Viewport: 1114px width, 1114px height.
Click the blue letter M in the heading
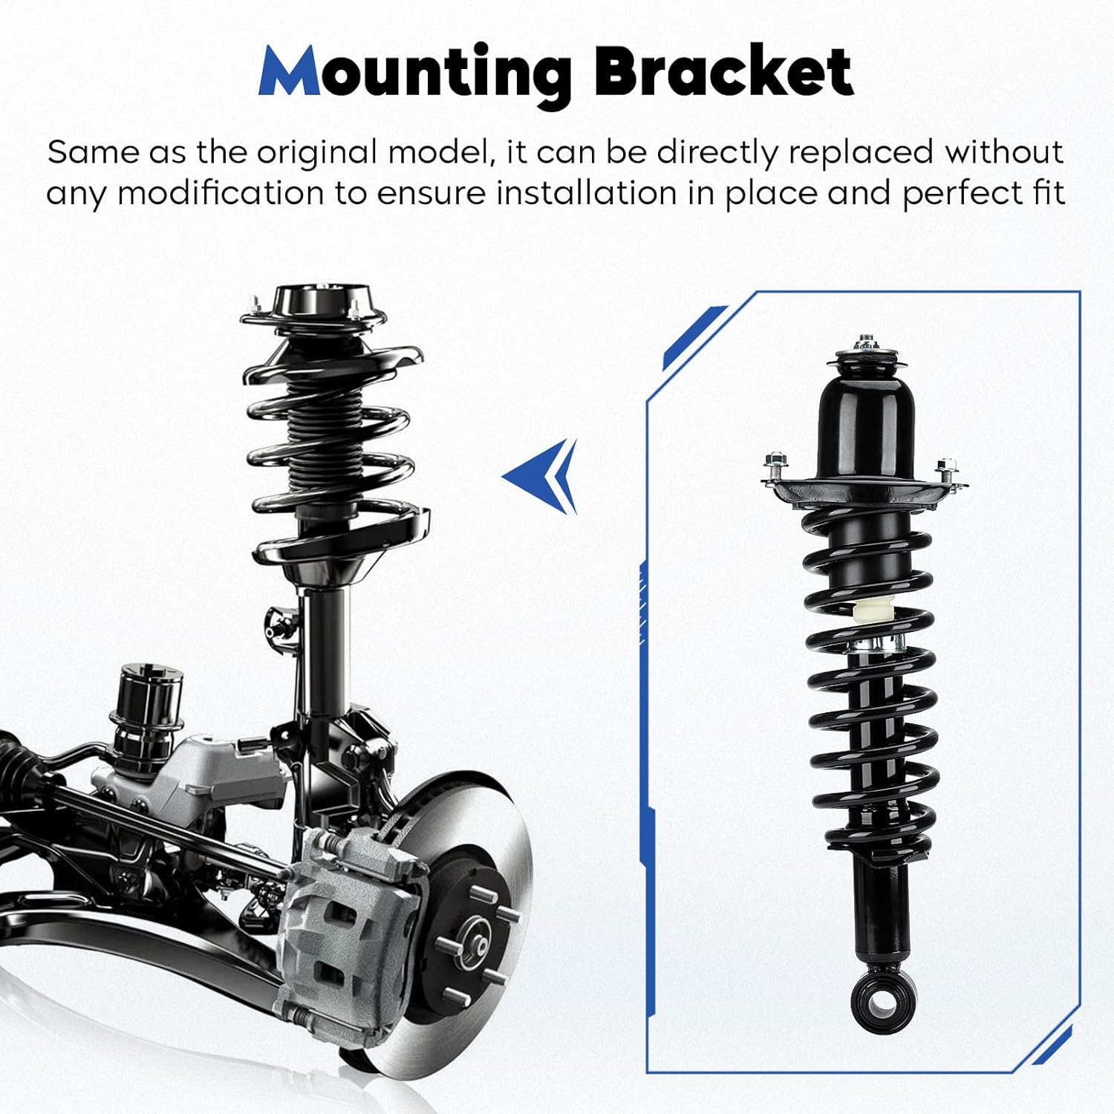290,72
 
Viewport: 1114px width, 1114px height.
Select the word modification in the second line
221,193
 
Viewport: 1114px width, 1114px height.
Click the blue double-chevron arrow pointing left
542,475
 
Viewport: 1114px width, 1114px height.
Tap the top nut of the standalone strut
864,343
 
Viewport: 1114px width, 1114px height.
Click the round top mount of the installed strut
312,304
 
